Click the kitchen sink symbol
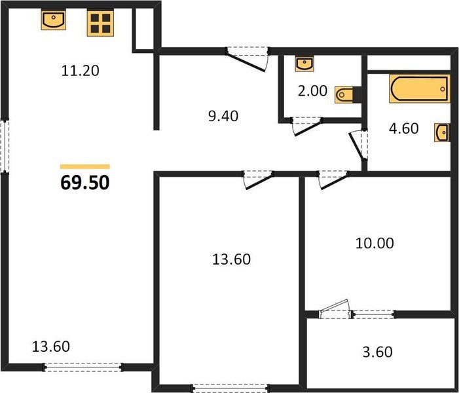pyautogui.click(x=53, y=20)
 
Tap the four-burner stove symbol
pyautogui.click(x=100, y=24)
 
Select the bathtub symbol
pyautogui.click(x=420, y=88)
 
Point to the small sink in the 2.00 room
pyautogui.click(x=304, y=64)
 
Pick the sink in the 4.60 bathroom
pyautogui.click(x=442, y=133)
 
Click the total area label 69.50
pyautogui.click(x=85, y=183)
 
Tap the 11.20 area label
pyautogui.click(x=80, y=71)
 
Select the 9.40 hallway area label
pyautogui.click(x=223, y=116)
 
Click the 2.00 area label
pyautogui.click(x=312, y=91)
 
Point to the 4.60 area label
pyautogui.click(x=404, y=128)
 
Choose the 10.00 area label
pyautogui.click(x=375, y=244)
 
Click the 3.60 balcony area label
pyautogui.click(x=377, y=352)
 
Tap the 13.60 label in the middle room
pyautogui.click(x=231, y=259)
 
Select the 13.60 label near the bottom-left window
pyautogui.click(x=50, y=346)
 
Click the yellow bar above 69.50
pyautogui.click(x=85, y=166)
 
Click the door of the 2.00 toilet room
pyautogui.click(x=307, y=126)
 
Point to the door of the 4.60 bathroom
pyautogui.click(x=358, y=145)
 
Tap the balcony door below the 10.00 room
pyautogui.click(x=335, y=309)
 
